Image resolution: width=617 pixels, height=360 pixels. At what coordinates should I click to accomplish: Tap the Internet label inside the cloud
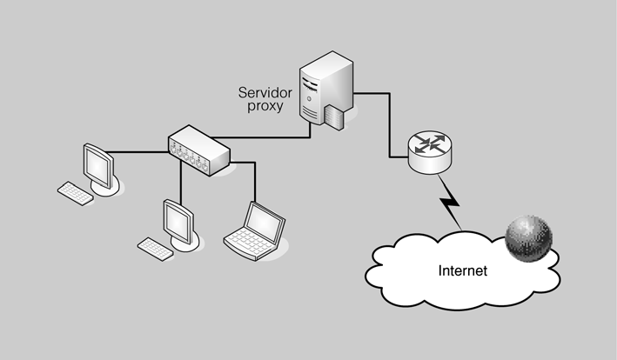[x=460, y=270]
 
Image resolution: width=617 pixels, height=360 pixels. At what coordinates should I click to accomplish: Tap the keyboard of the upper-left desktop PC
[x=75, y=192]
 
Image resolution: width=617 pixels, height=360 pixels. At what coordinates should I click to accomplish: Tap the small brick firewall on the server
[x=336, y=115]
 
